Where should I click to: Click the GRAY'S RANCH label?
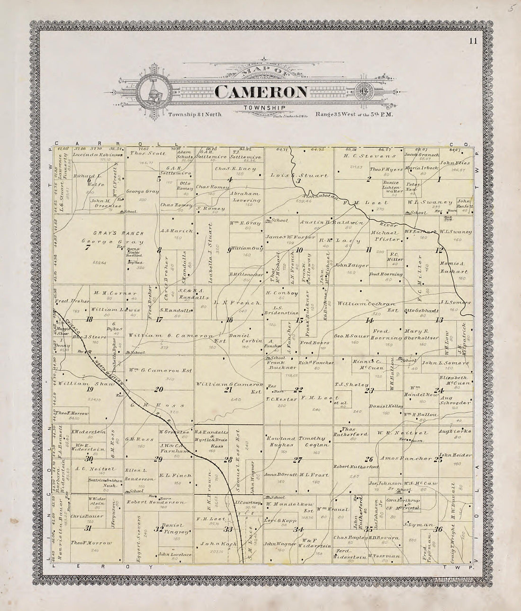pyautogui.click(x=102, y=234)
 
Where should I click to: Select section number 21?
pyautogui.click(x=228, y=390)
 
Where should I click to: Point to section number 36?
pyautogui.click(x=439, y=529)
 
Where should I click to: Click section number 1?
pyautogui.click(x=439, y=179)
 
